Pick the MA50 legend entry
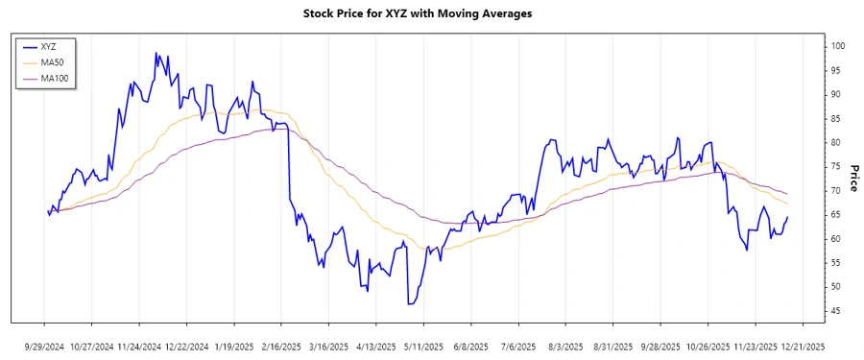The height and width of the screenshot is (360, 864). click(x=54, y=62)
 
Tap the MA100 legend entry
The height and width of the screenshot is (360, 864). click(x=56, y=78)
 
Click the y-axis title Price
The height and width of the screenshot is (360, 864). click(x=852, y=178)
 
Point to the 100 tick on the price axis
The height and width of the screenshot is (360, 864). click(x=837, y=46)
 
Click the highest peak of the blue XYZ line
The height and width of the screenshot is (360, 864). click(x=156, y=54)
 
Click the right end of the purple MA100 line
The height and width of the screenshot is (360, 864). click(x=788, y=194)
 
